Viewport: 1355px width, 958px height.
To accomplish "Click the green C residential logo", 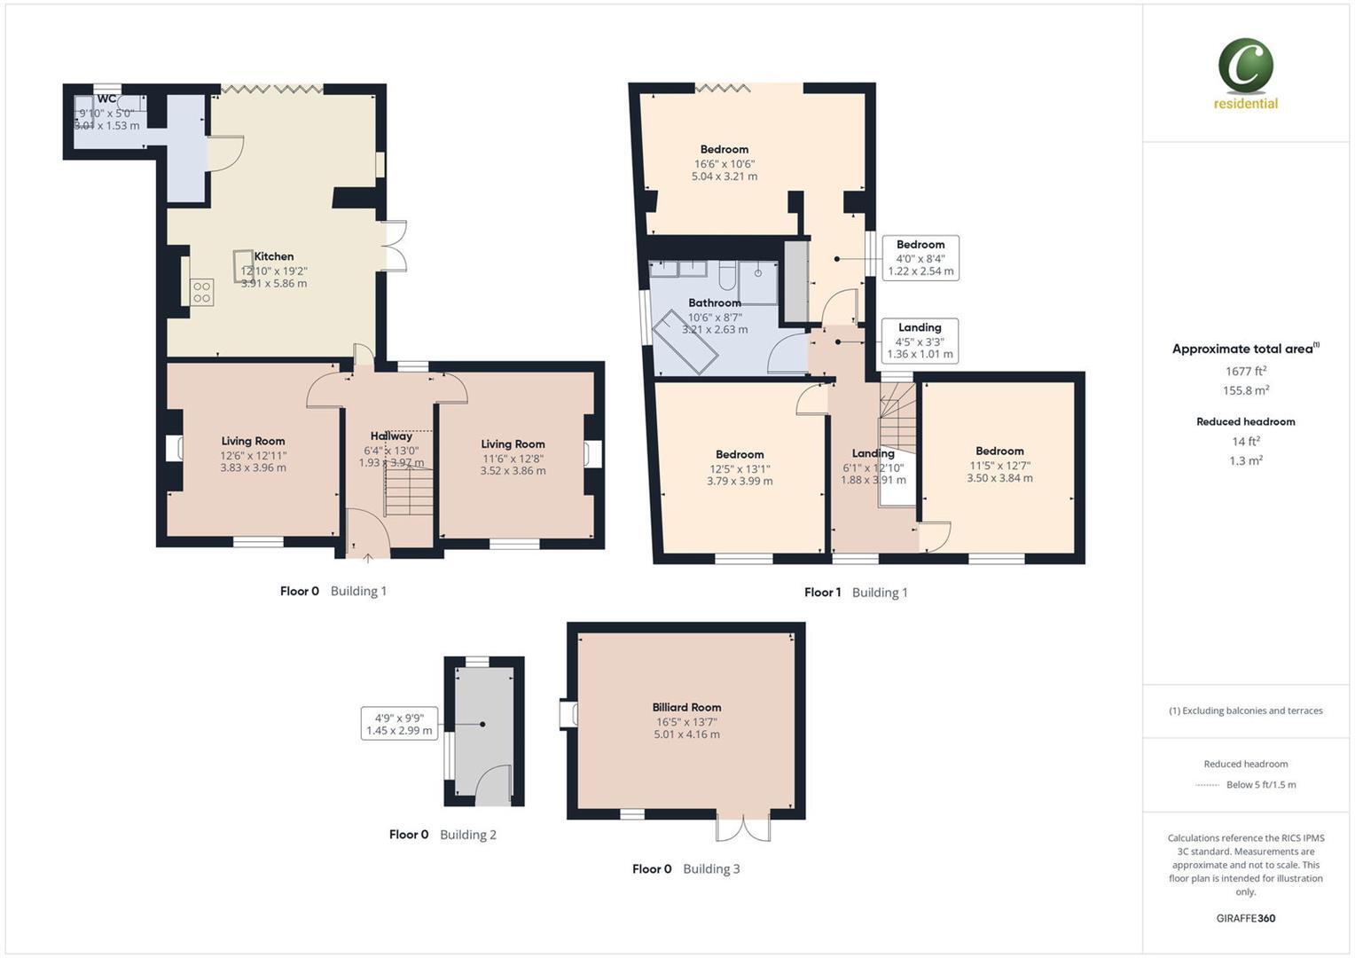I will pos(1245,67).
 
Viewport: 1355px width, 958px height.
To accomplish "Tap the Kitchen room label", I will pos(274,256).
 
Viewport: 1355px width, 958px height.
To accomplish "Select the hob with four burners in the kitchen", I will pos(201,292).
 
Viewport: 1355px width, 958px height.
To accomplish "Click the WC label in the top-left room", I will pos(106,98).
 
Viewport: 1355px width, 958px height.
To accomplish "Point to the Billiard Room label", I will pos(686,707).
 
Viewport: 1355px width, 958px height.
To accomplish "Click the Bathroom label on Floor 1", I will pos(714,302).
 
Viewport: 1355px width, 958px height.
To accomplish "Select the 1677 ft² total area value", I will pos(1245,372).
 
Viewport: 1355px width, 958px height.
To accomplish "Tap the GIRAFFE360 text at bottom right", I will pos(1245,918).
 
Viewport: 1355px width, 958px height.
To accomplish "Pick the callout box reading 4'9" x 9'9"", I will pos(399,724).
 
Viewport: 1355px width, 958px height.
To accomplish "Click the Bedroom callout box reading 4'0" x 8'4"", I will pos(920,258).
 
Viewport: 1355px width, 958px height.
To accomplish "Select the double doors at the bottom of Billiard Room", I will pos(743,828).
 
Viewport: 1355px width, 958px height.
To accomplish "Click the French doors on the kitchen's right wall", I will pos(395,246).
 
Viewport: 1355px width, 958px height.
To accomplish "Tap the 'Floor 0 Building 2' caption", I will pos(443,835).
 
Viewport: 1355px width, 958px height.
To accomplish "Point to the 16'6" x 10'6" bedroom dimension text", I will pos(724,164).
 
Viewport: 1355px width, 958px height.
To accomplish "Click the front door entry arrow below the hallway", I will pos(368,558).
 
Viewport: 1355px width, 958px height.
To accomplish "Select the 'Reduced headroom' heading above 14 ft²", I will pos(1245,421).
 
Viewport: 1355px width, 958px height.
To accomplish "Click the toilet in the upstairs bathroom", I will pos(727,278).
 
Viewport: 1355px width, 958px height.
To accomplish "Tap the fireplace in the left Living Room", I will pos(174,449).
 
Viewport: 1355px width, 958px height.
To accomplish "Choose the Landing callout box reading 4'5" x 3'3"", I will pos(920,341).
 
